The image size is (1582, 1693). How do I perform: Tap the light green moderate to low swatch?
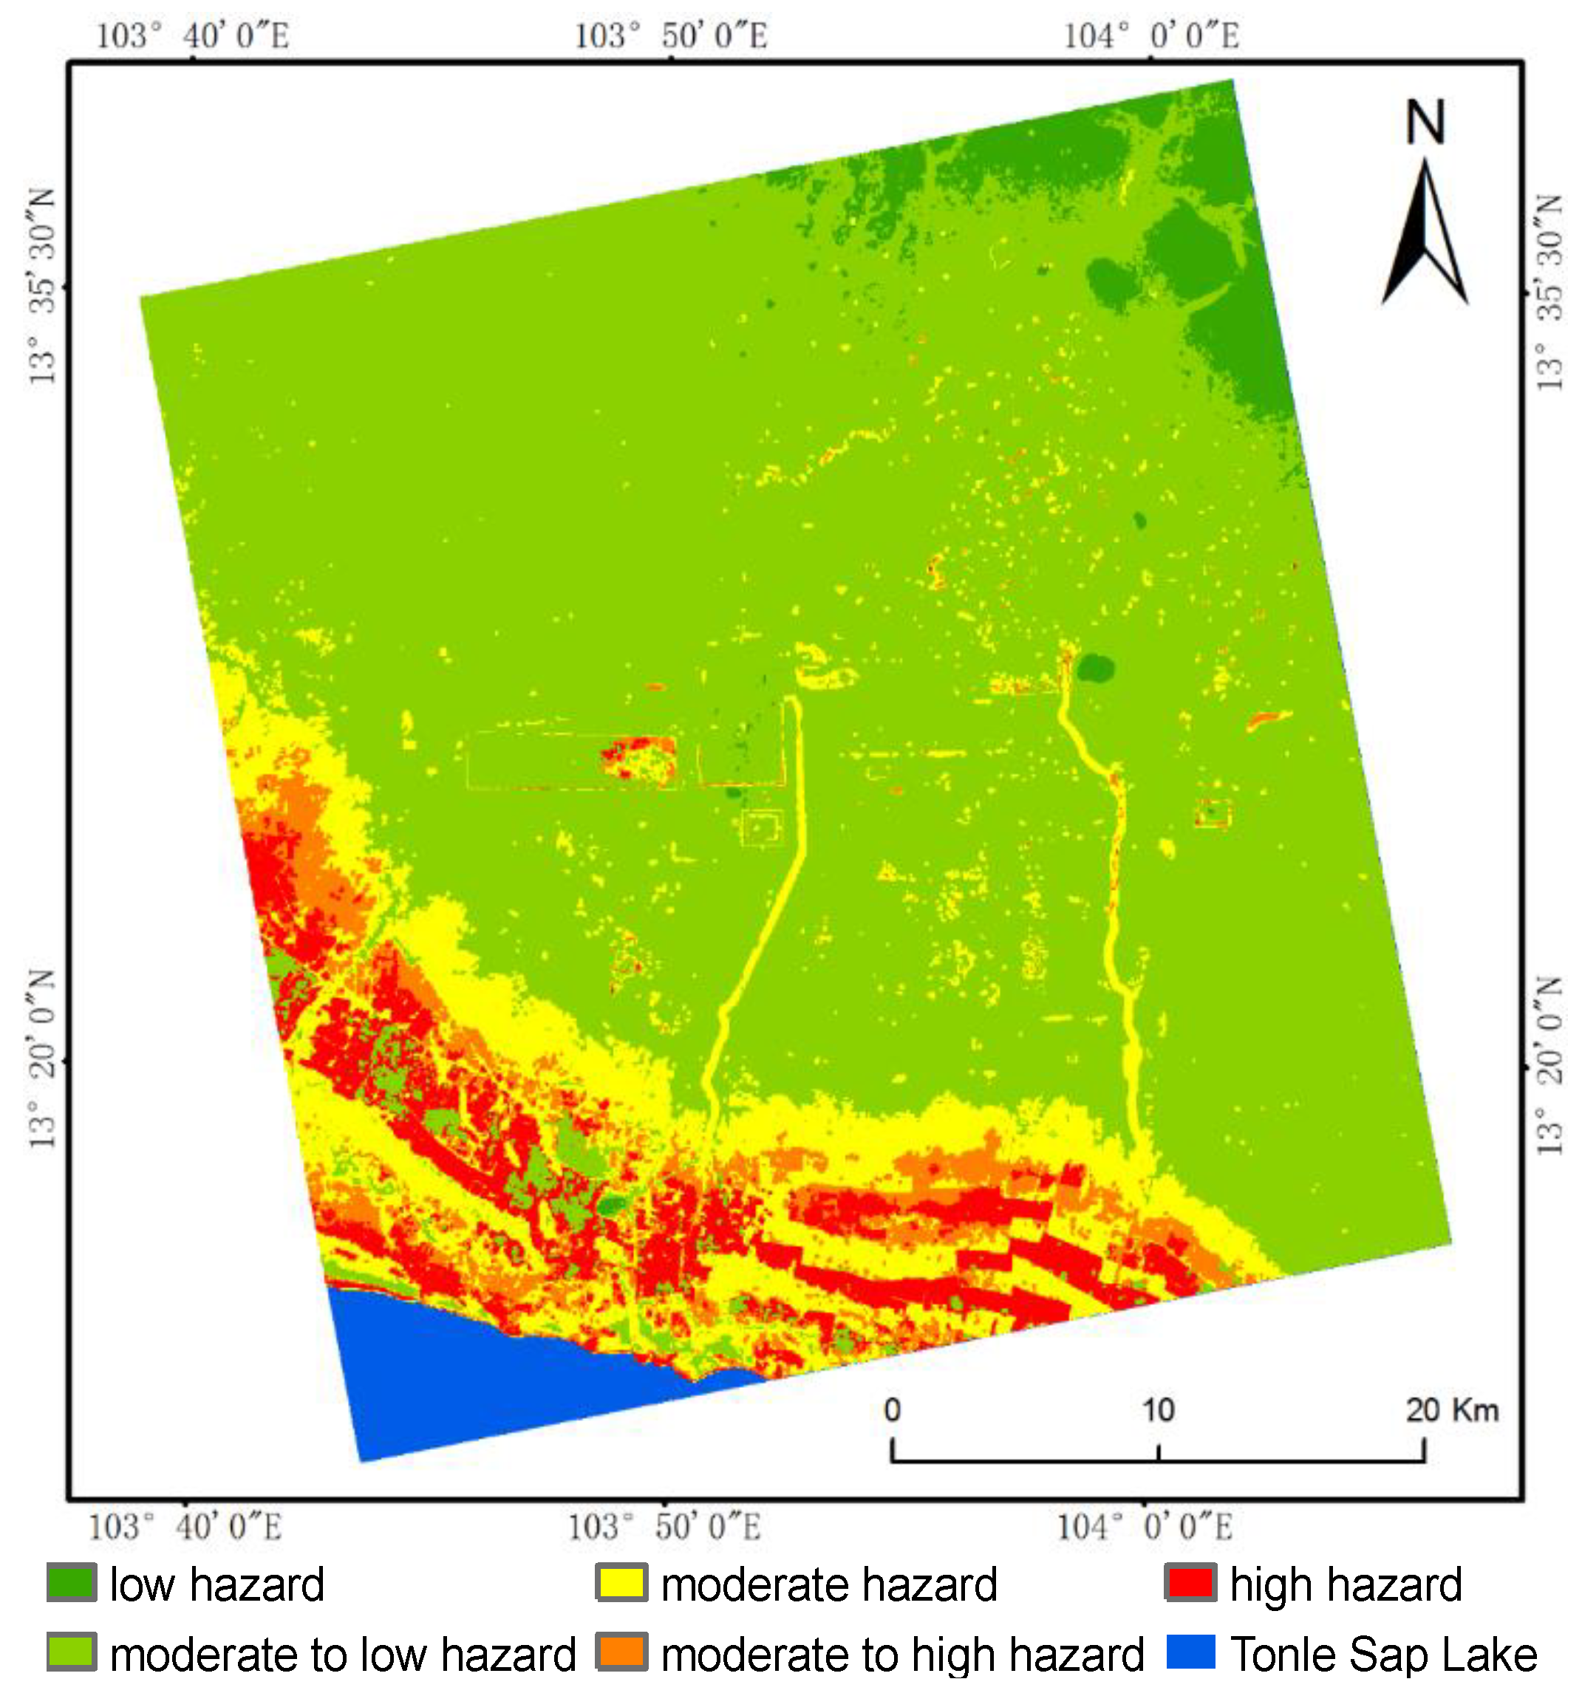[72, 1652]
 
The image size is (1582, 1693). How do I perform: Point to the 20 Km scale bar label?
[1450, 1410]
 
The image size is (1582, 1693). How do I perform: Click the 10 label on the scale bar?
[1157, 1410]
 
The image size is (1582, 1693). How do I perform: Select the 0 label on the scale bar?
[891, 1410]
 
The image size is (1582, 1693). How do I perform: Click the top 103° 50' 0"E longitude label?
[670, 35]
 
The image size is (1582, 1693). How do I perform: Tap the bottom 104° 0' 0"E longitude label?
[1143, 1527]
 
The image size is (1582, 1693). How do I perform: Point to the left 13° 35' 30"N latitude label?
[41, 287]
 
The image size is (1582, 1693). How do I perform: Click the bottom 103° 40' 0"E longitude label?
[185, 1527]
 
